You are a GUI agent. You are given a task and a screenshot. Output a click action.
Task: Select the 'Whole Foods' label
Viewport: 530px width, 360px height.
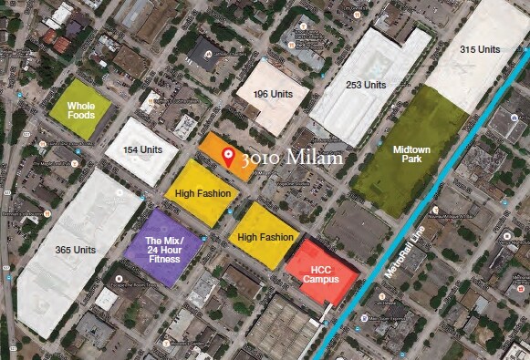[81, 111]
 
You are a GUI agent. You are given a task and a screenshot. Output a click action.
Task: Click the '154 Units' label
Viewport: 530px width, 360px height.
[142, 149]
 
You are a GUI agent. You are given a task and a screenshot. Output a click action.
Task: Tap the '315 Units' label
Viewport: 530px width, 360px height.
[480, 49]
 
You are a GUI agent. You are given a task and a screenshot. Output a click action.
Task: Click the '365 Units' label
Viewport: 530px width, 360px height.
[75, 249]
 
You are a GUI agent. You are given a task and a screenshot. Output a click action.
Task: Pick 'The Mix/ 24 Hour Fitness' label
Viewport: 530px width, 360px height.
[165, 250]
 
